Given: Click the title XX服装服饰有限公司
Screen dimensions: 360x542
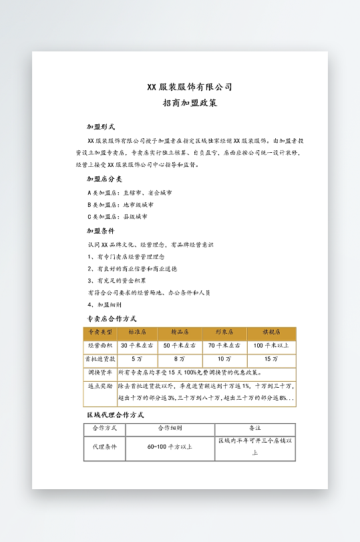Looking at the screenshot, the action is point(190,87).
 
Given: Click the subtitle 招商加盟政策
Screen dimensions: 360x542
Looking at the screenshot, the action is point(190,103).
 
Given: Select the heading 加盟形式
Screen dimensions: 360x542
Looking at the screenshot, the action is point(101,126).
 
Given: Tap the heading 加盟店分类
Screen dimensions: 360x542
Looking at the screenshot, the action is point(104,179).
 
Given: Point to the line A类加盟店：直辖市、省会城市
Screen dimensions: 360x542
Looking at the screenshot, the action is point(130,192).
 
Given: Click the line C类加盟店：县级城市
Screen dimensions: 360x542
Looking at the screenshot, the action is point(117,216).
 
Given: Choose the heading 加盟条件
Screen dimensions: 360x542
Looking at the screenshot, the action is point(101,231).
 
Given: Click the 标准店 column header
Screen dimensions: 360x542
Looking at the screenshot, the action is point(137,332).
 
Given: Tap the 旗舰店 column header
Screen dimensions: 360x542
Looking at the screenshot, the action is point(271,332).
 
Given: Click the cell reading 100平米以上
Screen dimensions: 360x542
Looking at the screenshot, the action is point(271,346).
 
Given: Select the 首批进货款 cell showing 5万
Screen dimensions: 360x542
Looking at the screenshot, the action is point(137,358).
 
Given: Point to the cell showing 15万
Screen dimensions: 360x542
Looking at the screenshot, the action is point(271,358).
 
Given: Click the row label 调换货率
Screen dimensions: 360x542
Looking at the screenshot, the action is point(100,372).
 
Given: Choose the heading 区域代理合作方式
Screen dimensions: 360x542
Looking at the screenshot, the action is point(116,415).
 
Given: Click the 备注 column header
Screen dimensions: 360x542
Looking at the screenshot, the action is point(254,428).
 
